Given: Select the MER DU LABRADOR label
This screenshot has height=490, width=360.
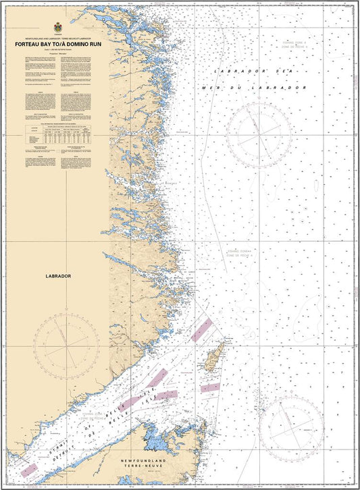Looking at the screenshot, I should [254, 88].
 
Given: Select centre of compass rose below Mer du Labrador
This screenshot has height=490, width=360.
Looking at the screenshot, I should [259, 132].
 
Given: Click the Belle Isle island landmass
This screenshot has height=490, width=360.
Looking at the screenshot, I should [215, 356].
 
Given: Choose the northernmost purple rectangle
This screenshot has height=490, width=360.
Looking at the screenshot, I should [201, 330].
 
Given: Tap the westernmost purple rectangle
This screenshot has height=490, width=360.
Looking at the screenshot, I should [29, 469].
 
